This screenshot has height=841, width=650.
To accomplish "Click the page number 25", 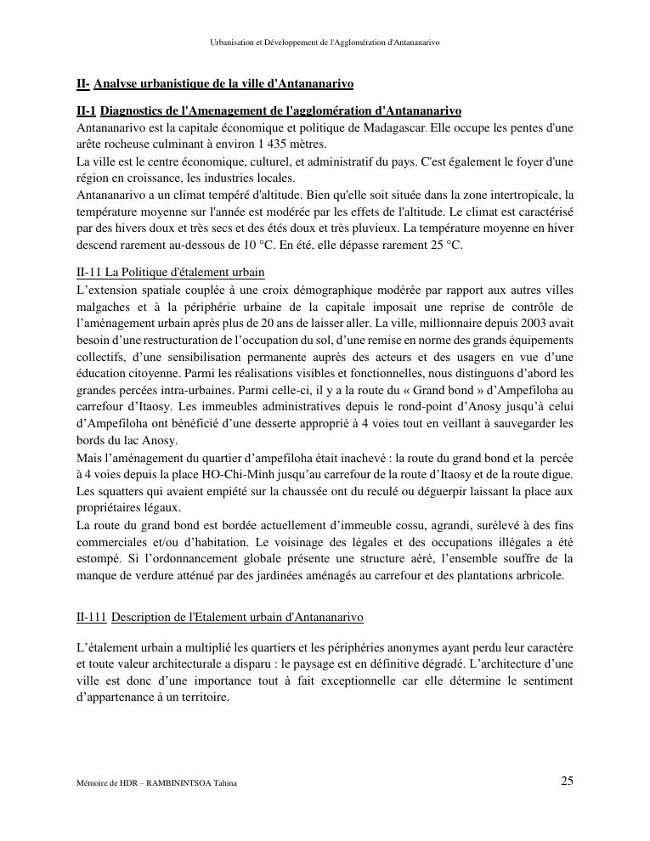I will coord(567,782).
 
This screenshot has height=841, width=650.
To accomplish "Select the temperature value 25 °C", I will coord(444,246).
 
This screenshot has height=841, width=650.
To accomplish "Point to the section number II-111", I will coord(91,617).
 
